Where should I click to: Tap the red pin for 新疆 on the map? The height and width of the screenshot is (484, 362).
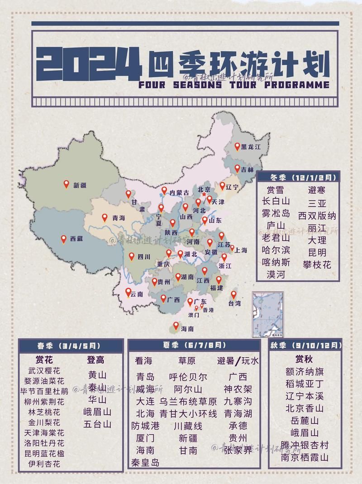click(66, 184)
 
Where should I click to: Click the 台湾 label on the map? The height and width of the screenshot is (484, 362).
click(234, 304)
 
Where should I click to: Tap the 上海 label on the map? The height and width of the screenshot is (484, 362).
click(241, 250)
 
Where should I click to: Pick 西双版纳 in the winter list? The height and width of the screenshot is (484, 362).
click(317, 215)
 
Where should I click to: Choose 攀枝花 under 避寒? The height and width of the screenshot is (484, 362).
click(317, 264)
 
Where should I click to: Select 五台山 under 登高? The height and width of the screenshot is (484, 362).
click(97, 424)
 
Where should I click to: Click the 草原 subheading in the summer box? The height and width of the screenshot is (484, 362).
click(186, 361)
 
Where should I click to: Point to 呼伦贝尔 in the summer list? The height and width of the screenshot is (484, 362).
click(188, 377)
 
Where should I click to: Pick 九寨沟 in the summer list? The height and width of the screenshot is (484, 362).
click(238, 401)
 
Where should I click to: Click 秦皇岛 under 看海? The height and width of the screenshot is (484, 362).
click(145, 462)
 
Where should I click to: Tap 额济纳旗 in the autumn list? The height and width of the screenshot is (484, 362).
click(305, 372)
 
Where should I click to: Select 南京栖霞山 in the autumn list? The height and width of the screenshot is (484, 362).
click(305, 457)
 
